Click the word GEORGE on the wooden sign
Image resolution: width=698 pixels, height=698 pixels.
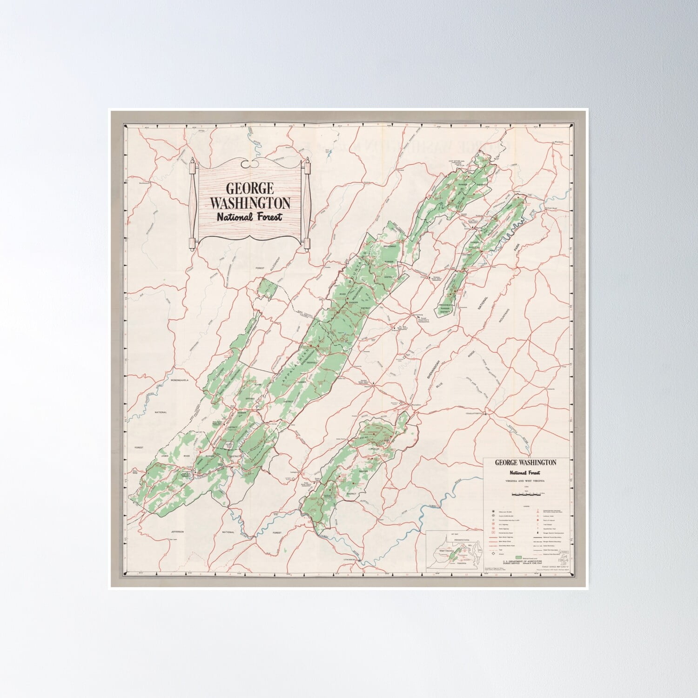(250, 188)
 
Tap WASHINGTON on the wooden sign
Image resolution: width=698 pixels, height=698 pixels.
(250, 203)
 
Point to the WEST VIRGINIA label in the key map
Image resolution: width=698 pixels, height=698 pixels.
(440, 551)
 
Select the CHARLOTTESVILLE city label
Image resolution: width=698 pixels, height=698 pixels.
(470, 411)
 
